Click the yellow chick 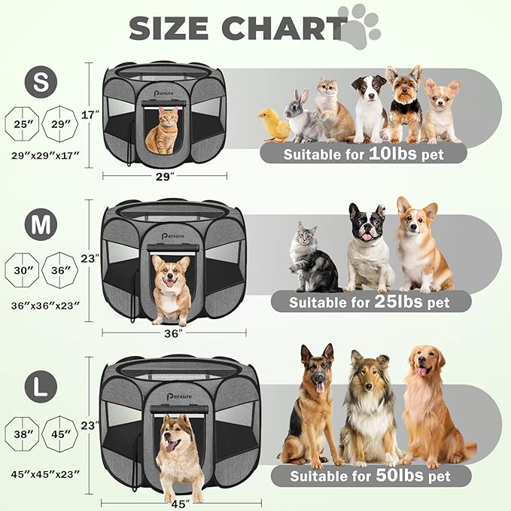pyautogui.click(x=275, y=125)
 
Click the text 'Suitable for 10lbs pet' pyautogui.click(x=363, y=154)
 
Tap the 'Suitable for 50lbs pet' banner pyautogui.click(x=370, y=476)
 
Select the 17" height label pyautogui.click(x=90, y=115)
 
